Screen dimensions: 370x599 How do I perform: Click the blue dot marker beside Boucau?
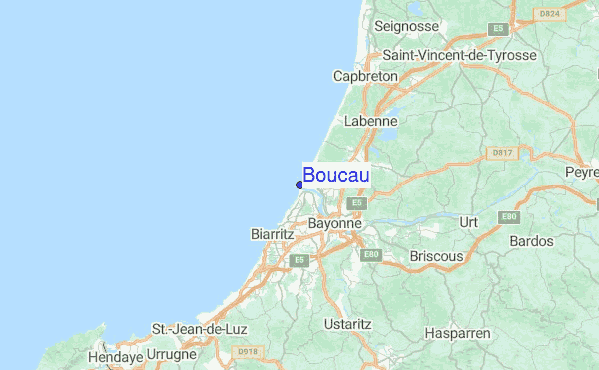coord(299,184)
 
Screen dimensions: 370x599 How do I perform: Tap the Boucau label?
coord(336,176)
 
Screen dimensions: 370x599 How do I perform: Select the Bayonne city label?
coord(334,224)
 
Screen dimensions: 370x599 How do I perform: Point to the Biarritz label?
coord(271,234)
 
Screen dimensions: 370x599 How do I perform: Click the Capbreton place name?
coord(365,76)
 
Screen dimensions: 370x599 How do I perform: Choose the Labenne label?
coord(370,121)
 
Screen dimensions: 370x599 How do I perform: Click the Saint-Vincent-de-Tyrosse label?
coord(459,55)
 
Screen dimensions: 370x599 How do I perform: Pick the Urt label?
coord(468,221)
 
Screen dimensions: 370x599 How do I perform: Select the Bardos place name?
coord(531,241)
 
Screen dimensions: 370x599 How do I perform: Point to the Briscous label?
coord(436,256)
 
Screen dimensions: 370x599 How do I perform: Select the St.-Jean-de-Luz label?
coord(199,329)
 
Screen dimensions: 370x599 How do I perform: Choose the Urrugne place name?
coord(173,355)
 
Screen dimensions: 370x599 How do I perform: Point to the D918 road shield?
coord(246,352)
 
